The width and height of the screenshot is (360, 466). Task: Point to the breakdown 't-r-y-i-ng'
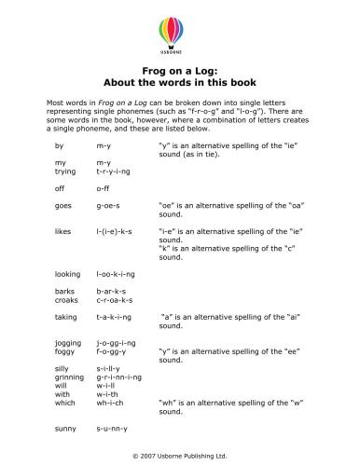click(114, 172)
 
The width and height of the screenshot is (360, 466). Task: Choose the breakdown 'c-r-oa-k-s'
click(115, 300)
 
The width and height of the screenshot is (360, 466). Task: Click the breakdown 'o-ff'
click(104, 186)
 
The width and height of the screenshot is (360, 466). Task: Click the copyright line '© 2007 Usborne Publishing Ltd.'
click(180, 457)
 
